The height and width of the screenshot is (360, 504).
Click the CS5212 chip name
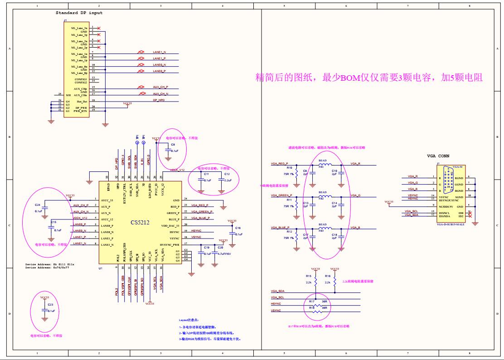(140, 222)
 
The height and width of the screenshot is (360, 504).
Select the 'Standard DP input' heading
(79, 13)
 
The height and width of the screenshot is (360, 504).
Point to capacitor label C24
(38, 204)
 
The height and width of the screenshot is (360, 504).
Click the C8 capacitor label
(173, 144)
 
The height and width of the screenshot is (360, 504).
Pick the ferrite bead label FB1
(321, 167)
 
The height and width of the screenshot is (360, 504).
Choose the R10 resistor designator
(290, 168)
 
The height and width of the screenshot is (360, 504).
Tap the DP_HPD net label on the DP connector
(159, 100)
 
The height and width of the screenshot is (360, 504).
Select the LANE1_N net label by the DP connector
(159, 52)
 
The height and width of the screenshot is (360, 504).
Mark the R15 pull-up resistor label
(308, 276)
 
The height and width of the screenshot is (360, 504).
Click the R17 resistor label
(311, 301)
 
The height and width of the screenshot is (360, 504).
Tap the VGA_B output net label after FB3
(355, 227)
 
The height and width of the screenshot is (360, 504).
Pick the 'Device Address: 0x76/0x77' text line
(49, 268)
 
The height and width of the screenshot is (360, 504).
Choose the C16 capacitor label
(238, 228)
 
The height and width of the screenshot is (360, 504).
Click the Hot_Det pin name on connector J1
(81, 101)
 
